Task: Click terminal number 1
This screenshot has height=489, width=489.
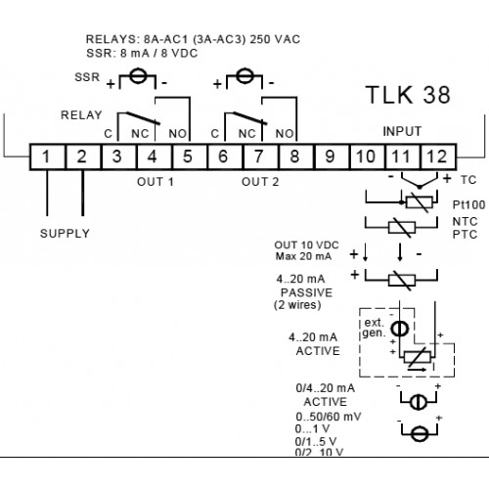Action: pyautogui.click(x=46, y=156)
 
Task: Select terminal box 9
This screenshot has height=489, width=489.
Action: pyautogui.click(x=331, y=156)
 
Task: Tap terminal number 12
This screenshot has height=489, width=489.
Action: pyautogui.click(x=437, y=156)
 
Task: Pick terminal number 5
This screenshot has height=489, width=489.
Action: pyautogui.click(x=188, y=156)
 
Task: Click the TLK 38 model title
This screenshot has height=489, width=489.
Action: pyautogui.click(x=408, y=95)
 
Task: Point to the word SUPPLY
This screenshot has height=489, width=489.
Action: pyautogui.click(x=65, y=234)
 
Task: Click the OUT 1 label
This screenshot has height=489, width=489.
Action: pyautogui.click(x=156, y=182)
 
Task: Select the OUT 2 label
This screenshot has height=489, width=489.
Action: pyautogui.click(x=260, y=182)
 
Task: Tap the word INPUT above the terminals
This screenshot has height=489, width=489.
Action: pyautogui.click(x=402, y=131)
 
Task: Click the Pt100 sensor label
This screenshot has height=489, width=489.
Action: pyautogui.click(x=468, y=204)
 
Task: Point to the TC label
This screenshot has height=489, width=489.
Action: pyautogui.click(x=468, y=180)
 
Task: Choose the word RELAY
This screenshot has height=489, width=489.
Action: pyautogui.click(x=81, y=115)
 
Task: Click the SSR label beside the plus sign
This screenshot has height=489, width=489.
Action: pyautogui.click(x=87, y=77)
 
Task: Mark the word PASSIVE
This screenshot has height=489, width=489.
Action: pyautogui.click(x=306, y=292)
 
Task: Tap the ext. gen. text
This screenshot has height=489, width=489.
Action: pyautogui.click(x=375, y=328)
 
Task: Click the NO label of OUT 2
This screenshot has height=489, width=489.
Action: pyautogui.click(x=285, y=134)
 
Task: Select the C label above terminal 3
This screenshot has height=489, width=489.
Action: pyautogui.click(x=109, y=134)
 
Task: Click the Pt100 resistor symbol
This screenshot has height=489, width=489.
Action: pyautogui.click(x=420, y=202)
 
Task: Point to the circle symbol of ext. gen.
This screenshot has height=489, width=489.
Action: pyautogui.click(x=400, y=329)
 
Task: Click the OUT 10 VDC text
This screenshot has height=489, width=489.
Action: pyautogui.click(x=306, y=244)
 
